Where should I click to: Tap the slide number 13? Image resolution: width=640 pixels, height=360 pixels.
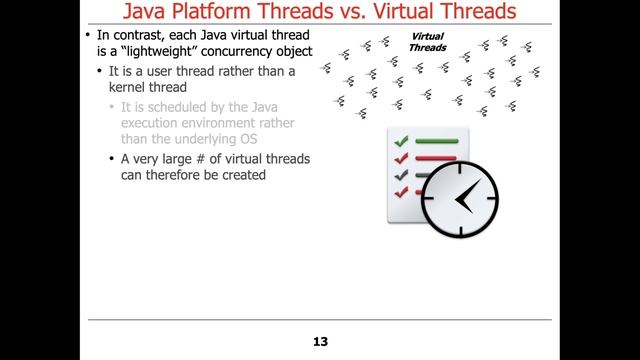click(320, 342)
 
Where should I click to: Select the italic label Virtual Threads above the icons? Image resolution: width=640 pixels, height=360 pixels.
click(427, 42)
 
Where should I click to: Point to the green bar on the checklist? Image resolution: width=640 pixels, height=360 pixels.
click(436, 141)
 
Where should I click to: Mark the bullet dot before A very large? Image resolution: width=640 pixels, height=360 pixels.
click(111, 159)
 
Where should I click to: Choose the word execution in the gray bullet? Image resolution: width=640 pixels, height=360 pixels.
click(150, 123)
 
